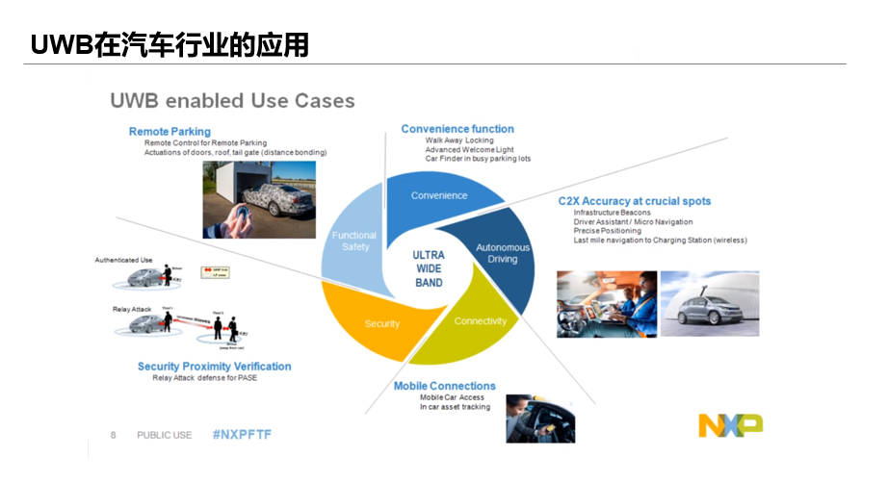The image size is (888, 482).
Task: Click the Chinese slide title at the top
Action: [x=170, y=45]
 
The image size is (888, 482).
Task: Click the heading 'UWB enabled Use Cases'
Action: [x=231, y=101]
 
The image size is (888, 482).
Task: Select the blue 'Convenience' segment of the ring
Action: [x=439, y=195]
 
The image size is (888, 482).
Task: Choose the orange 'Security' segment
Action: [x=381, y=323]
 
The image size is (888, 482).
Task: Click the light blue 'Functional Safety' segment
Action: [x=354, y=241]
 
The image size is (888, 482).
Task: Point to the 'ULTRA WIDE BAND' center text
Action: [x=429, y=269]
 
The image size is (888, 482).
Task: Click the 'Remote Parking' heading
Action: [x=170, y=132]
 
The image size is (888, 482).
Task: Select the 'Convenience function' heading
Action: [x=457, y=129]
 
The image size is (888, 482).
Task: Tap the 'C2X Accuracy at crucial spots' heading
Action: [x=634, y=201]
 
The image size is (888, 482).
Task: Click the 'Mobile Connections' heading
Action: [x=444, y=386]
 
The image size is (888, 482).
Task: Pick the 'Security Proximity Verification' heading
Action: [x=214, y=367]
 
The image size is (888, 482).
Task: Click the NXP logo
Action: [x=730, y=424]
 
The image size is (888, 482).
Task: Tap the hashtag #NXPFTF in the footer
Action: [x=242, y=435]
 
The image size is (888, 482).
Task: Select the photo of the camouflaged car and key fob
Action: [x=246, y=199]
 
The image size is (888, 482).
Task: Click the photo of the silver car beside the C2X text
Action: [x=709, y=303]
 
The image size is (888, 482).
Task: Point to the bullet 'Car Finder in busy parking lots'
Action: [x=478, y=159]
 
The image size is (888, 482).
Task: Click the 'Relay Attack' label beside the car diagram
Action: [x=132, y=311]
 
